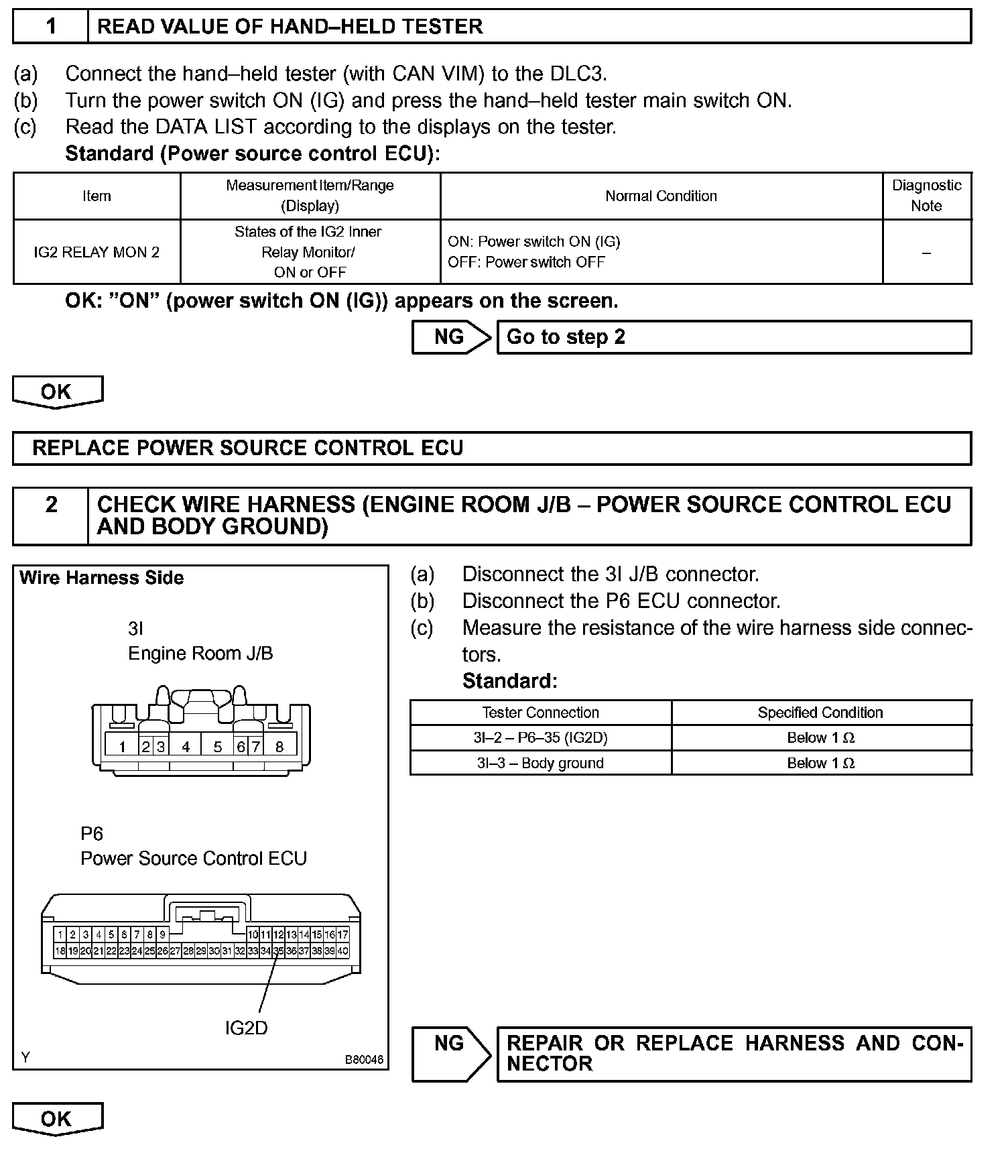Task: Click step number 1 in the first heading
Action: (51, 27)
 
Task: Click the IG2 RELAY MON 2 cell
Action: (97, 252)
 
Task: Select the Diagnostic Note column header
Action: (926, 196)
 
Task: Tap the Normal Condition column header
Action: (661, 196)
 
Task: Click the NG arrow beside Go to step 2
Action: (450, 337)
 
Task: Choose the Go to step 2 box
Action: (733, 337)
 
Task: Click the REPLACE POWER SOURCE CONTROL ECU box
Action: (492, 448)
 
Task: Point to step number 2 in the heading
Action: (51, 505)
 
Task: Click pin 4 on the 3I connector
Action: (186, 746)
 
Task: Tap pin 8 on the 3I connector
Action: (279, 746)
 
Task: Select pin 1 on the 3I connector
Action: (122, 746)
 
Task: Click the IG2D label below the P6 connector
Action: (246, 1028)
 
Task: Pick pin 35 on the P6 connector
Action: (278, 951)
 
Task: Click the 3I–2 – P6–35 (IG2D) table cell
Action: (540, 737)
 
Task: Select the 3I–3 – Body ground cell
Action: (540, 763)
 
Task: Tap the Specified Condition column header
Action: (820, 713)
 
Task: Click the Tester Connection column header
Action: (540, 713)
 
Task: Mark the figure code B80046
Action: (364, 1060)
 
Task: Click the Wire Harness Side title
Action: (102, 578)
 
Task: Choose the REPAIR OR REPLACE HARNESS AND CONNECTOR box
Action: (733, 1054)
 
